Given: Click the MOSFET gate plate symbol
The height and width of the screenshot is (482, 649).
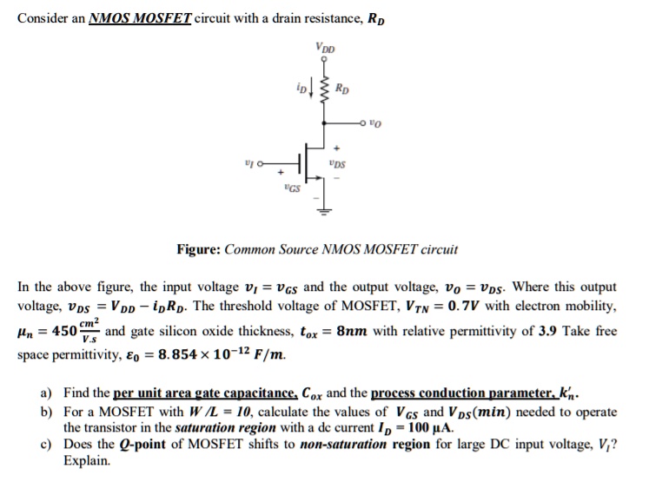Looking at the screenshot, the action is [299, 164].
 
